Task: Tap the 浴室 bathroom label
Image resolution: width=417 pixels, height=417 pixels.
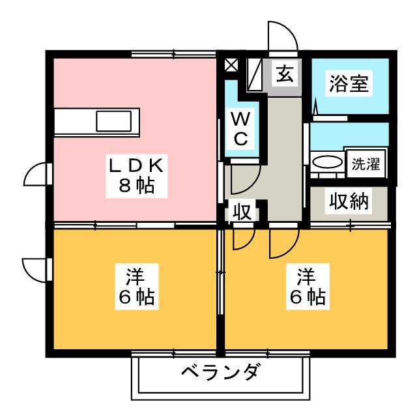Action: pos(350,85)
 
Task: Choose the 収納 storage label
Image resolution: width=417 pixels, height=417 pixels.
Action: pos(349,202)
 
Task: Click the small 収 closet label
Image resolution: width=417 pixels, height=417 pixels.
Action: pos(240,213)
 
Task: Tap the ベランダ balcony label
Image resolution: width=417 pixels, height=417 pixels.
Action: pos(220,374)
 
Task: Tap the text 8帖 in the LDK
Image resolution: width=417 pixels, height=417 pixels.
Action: pos(137,185)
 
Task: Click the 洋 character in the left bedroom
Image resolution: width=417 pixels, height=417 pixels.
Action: pos(137,274)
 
